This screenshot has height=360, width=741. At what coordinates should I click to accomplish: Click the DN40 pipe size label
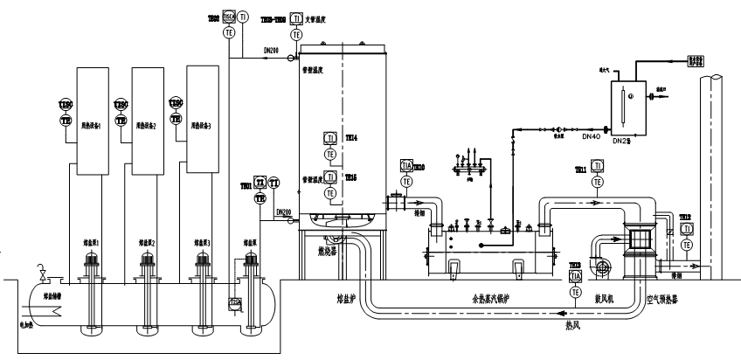click(591, 135)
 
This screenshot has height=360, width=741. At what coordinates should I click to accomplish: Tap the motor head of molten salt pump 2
click(146, 258)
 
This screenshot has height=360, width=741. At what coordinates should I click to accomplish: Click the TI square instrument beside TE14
click(330, 138)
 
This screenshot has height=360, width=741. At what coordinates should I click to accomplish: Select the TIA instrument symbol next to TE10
click(405, 166)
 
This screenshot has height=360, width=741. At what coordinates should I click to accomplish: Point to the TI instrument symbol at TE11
click(597, 165)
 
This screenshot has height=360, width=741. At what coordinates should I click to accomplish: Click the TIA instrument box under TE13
click(575, 276)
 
